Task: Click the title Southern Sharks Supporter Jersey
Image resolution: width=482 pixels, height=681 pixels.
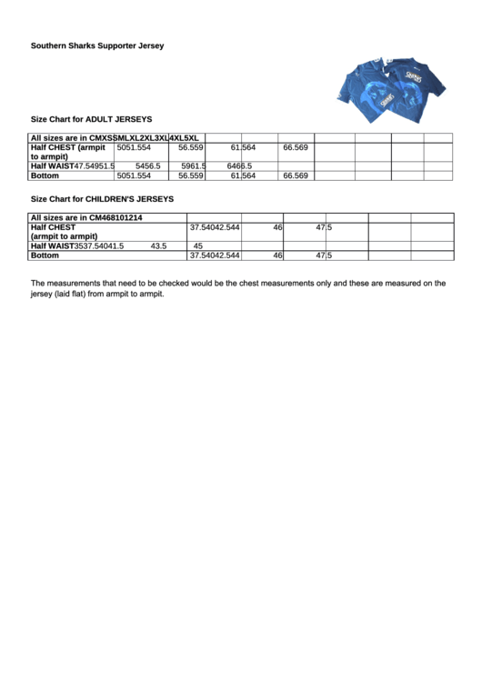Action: tap(97, 45)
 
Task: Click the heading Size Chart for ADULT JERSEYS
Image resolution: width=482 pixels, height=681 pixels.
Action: tap(92, 119)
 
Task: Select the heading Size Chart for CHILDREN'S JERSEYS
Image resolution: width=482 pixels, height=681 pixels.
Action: tap(102, 198)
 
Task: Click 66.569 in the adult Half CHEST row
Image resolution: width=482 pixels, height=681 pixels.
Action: tap(296, 147)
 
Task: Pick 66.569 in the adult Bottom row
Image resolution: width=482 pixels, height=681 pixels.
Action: tap(296, 175)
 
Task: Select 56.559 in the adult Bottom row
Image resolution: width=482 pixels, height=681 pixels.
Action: tap(191, 175)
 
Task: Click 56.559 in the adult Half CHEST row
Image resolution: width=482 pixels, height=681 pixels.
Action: tap(191, 147)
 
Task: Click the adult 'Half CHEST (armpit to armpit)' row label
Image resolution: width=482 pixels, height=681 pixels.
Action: tap(68, 152)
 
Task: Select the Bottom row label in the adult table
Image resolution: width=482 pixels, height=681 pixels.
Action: tap(45, 175)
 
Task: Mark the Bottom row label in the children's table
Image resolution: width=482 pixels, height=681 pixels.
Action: tap(45, 255)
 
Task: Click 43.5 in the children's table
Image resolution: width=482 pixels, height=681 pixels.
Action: tap(158, 246)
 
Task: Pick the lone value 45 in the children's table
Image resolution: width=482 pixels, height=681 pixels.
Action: tap(198, 246)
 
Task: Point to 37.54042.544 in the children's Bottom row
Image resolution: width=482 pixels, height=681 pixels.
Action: tap(215, 255)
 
